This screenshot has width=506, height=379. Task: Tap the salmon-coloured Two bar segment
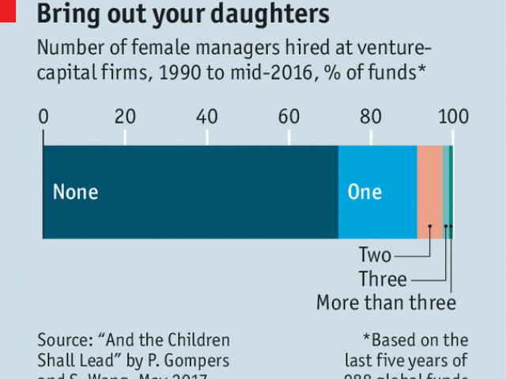(429, 192)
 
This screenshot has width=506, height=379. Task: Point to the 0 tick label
(43, 117)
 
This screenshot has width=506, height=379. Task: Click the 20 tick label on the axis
(125, 117)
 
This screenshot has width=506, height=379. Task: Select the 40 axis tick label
(207, 117)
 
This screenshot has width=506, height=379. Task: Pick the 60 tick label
(289, 117)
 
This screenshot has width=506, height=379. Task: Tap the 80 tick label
(370, 117)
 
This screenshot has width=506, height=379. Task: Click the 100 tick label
(453, 117)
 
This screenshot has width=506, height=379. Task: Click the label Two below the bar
(375, 256)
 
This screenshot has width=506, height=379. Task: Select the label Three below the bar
(383, 279)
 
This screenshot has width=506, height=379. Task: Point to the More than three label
(386, 302)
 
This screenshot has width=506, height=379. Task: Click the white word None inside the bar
(76, 192)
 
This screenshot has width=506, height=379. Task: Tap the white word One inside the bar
(364, 192)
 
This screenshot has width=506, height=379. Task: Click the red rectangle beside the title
(7, 9)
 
